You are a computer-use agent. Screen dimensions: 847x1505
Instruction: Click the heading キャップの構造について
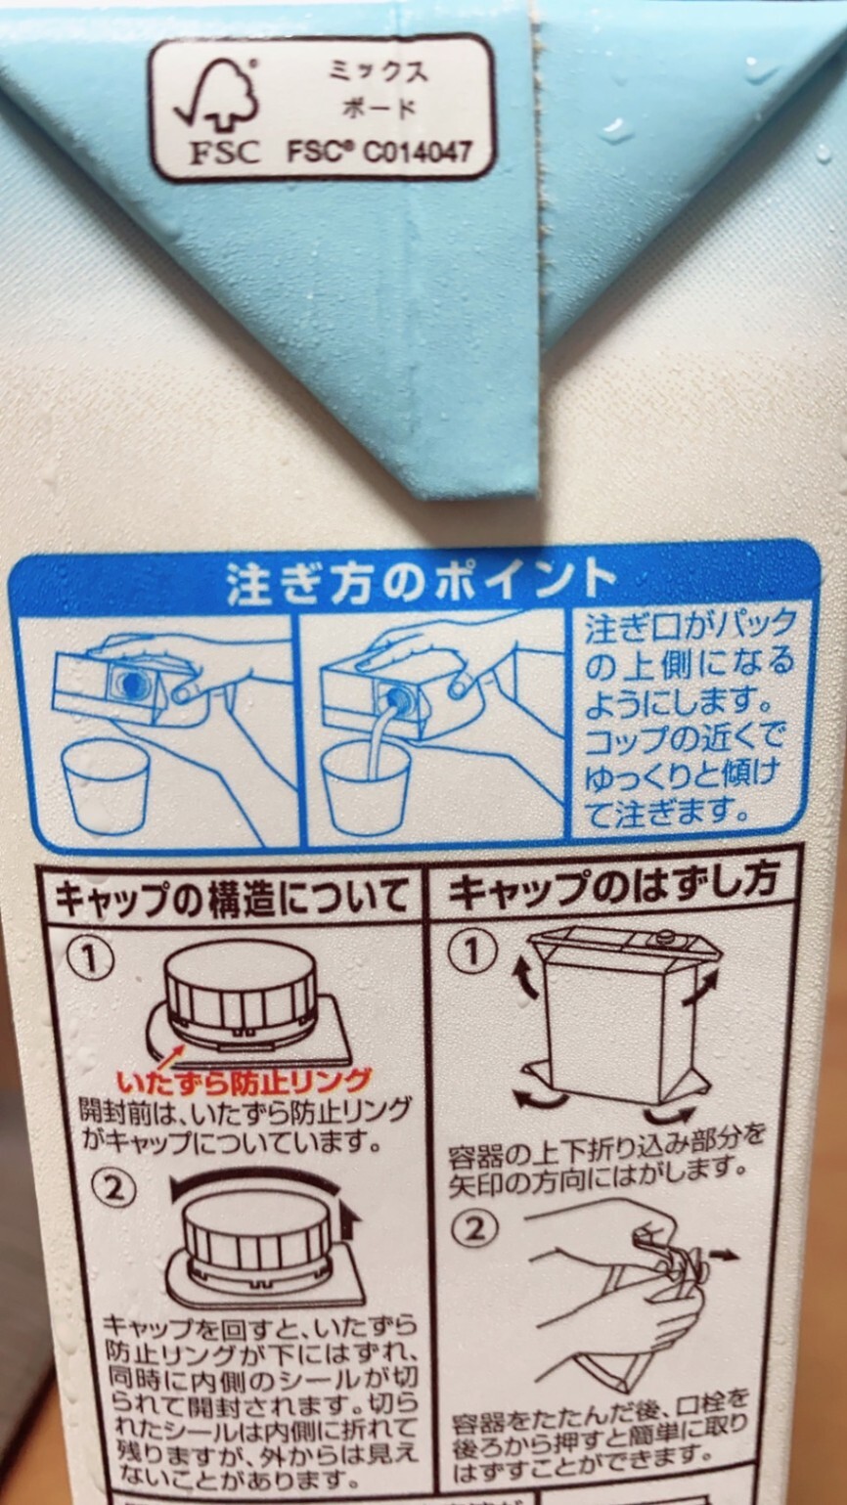[x=232, y=897]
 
